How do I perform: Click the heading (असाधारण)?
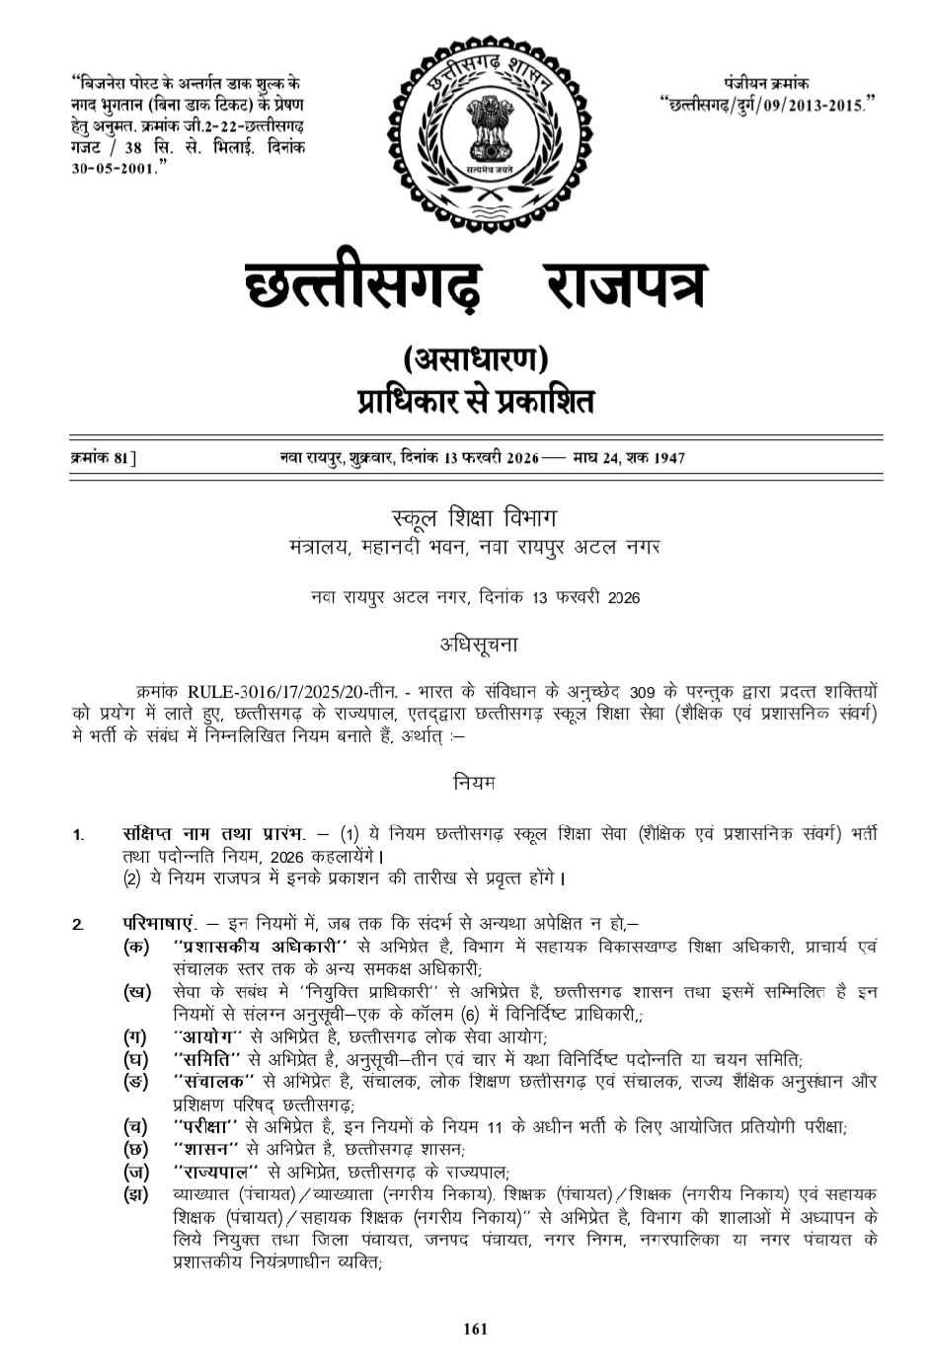475,360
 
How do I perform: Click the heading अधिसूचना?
478,645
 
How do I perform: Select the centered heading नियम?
475,783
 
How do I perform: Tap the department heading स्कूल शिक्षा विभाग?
475,518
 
